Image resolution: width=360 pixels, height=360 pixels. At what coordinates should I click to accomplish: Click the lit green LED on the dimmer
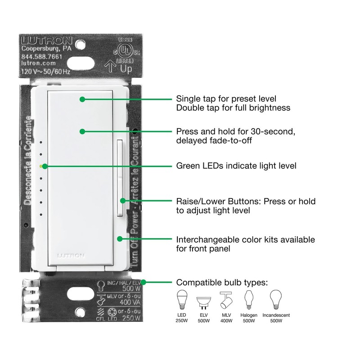41,166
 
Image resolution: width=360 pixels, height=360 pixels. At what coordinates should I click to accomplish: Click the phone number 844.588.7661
42,57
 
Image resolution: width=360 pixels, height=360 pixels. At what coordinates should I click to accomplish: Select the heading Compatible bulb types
222,283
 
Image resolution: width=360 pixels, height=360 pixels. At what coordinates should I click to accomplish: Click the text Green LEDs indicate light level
236,166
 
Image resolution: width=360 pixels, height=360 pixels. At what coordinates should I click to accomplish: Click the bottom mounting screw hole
81,311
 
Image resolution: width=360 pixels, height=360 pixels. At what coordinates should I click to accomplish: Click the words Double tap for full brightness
233,108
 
